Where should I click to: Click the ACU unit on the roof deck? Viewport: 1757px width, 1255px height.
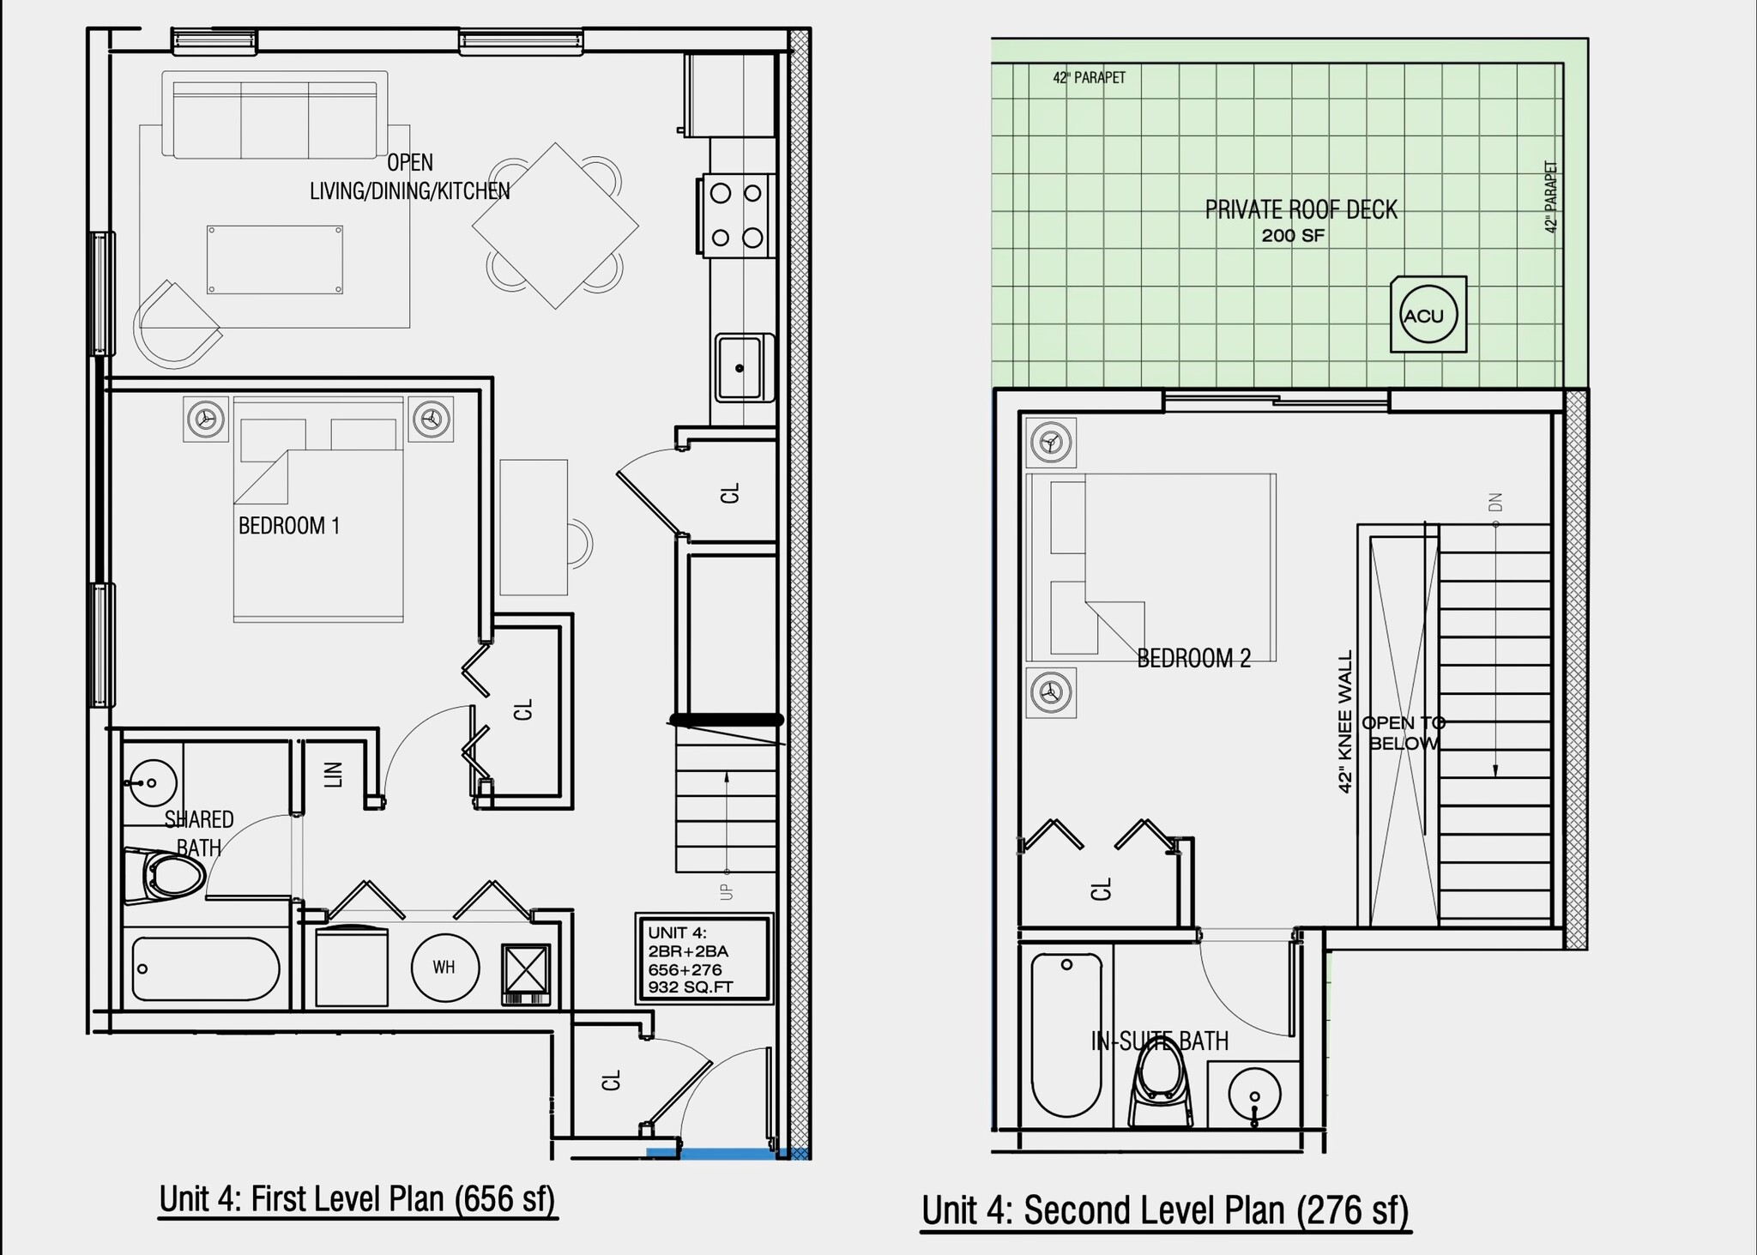pyautogui.click(x=1427, y=315)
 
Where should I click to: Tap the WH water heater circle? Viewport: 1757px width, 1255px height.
pyautogui.click(x=444, y=967)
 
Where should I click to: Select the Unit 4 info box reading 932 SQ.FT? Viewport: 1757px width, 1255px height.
pyautogui.click(x=702, y=959)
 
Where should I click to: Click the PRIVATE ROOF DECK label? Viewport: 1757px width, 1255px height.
pyautogui.click(x=1301, y=210)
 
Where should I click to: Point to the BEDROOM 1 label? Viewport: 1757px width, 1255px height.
pyautogui.click(x=289, y=526)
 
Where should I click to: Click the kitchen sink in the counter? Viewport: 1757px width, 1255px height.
pyautogui.click(x=740, y=368)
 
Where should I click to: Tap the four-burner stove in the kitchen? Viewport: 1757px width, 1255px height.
pyautogui.click(x=737, y=215)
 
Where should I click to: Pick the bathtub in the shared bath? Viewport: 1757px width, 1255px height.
pyautogui.click(x=206, y=968)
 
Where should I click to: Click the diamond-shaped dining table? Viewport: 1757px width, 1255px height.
pyautogui.click(x=555, y=226)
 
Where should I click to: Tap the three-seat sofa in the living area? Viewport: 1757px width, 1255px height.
pyautogui.click(x=275, y=118)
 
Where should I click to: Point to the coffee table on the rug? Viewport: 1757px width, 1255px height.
pyautogui.click(x=275, y=260)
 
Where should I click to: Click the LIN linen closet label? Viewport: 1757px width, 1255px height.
pyautogui.click(x=334, y=774)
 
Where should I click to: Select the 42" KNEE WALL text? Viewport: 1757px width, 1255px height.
pyautogui.click(x=1344, y=721)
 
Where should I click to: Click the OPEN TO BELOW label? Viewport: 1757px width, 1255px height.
pyautogui.click(x=1403, y=733)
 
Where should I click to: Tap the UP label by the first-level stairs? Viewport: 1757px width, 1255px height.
pyautogui.click(x=727, y=891)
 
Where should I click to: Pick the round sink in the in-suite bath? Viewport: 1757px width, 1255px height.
pyautogui.click(x=1254, y=1095)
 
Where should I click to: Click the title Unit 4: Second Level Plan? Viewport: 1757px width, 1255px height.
pyautogui.click(x=1165, y=1210)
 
